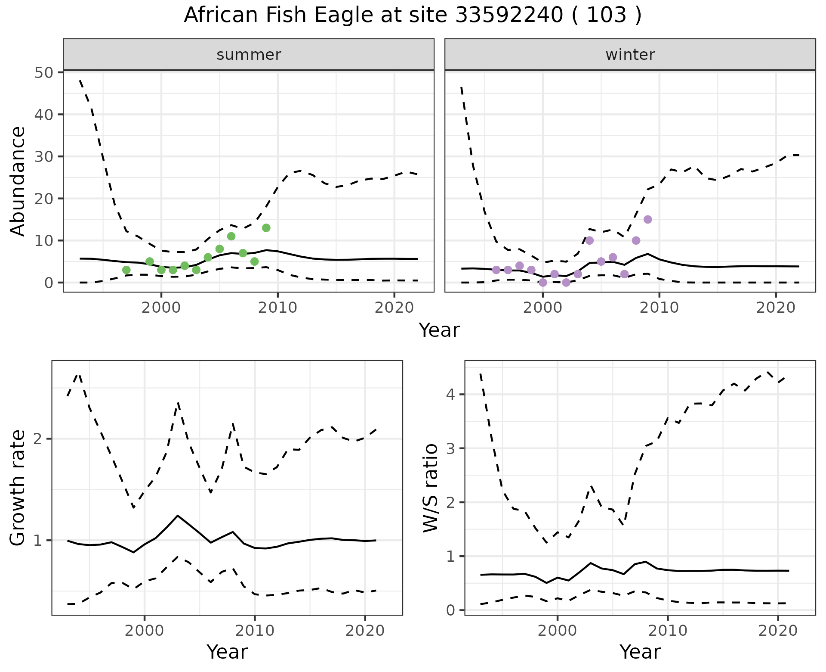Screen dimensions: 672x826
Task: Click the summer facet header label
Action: pos(249,55)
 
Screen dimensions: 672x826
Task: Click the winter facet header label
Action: pos(630,55)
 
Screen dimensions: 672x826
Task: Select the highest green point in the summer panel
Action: pos(266,228)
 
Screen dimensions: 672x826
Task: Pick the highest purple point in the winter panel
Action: pos(647,219)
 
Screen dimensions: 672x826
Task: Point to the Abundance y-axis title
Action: pos(18,181)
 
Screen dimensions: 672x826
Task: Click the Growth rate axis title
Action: pos(18,488)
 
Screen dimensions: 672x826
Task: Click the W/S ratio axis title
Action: pos(430,488)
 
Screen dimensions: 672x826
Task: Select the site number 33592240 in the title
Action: pos(509,16)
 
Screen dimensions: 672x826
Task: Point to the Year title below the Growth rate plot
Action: pos(227,652)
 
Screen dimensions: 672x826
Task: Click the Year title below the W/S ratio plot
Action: pos(640,652)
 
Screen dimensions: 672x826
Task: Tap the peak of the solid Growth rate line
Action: pos(177,515)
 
